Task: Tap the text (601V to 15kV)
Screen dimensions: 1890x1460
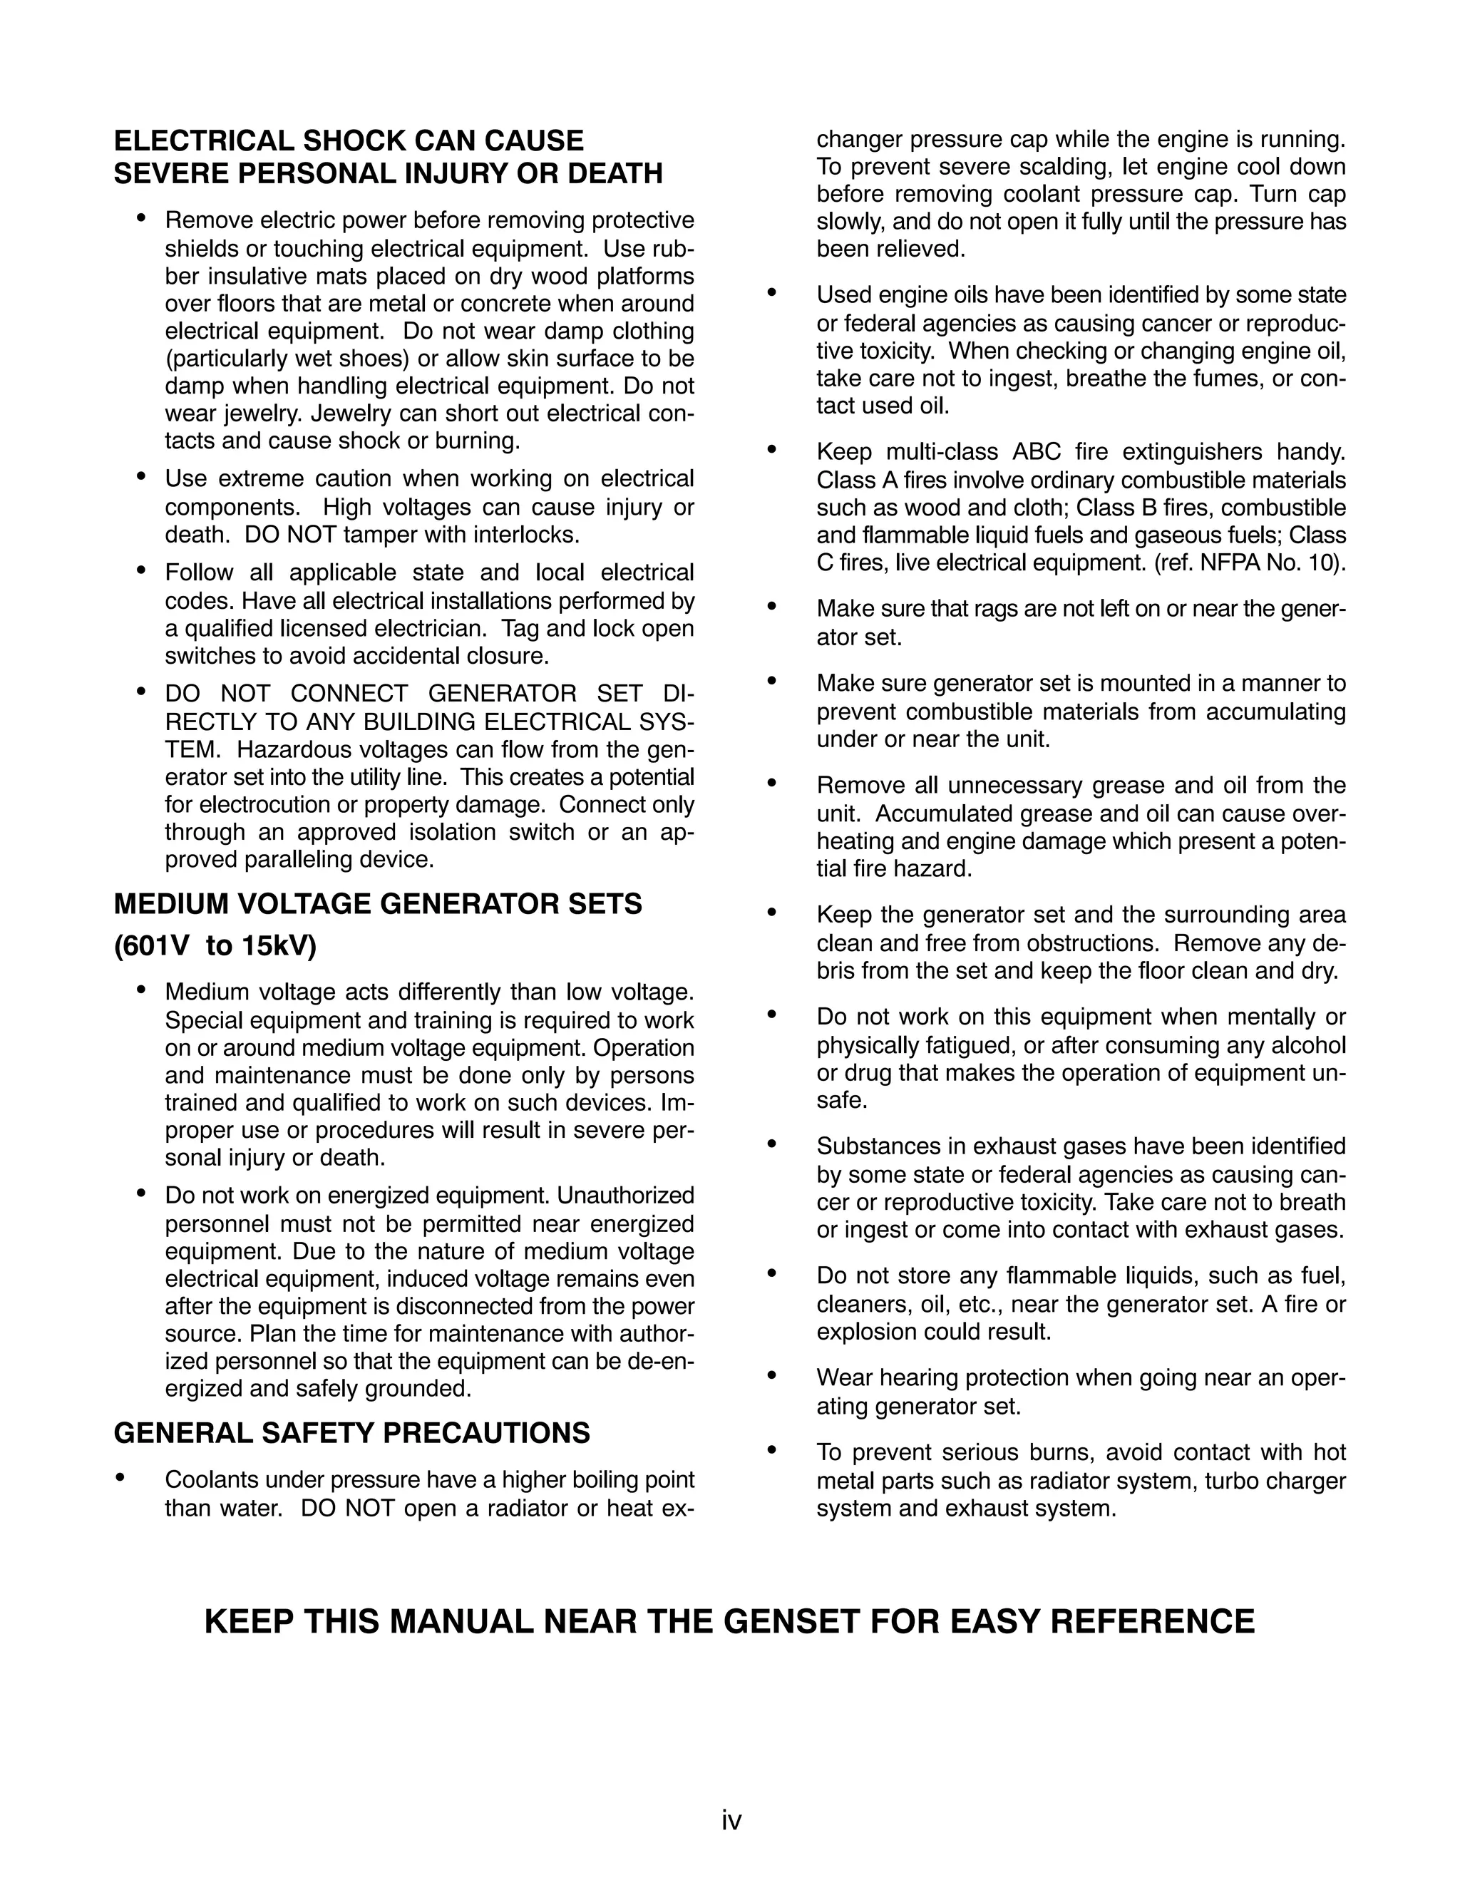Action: pos(215,946)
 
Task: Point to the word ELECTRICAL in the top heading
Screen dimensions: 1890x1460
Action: pos(201,141)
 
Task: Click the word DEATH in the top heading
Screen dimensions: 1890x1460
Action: pos(615,174)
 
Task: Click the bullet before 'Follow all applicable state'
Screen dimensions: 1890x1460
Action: pos(141,570)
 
